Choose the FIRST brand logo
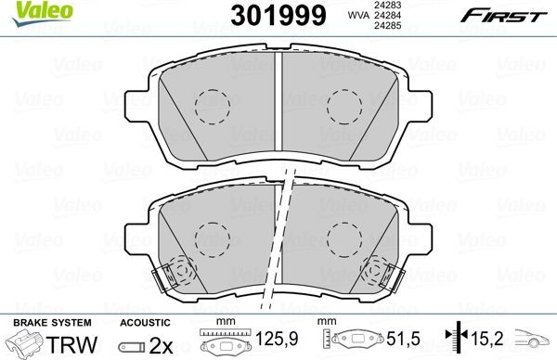point(507,15)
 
